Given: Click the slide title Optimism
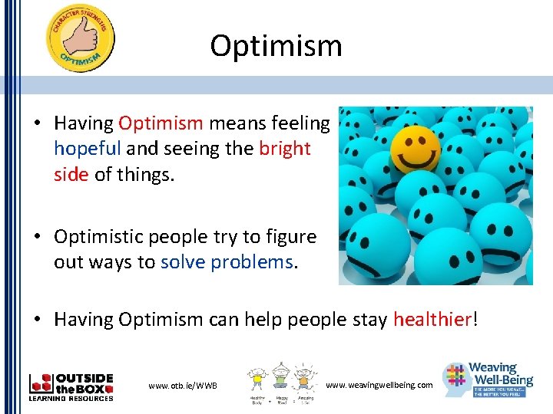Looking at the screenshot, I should click(276, 46).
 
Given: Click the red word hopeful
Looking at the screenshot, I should click(88, 148).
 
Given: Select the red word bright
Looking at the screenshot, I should click(285, 148).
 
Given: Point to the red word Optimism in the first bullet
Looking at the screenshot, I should click(161, 123).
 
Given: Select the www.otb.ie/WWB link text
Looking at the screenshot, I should click(183, 384).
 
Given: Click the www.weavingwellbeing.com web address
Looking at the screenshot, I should click(379, 384).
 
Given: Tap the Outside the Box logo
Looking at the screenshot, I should click(71, 386).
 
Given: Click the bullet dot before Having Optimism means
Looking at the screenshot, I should click(36, 123).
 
